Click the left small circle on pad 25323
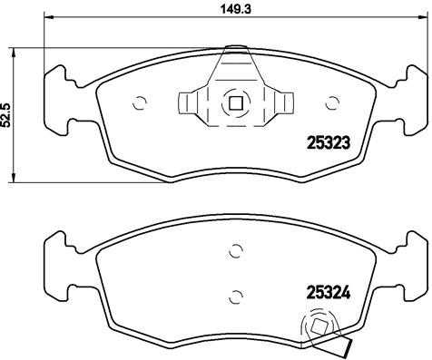click(139, 102)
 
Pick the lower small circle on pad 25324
click(234, 293)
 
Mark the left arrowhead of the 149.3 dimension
click(48, 18)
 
